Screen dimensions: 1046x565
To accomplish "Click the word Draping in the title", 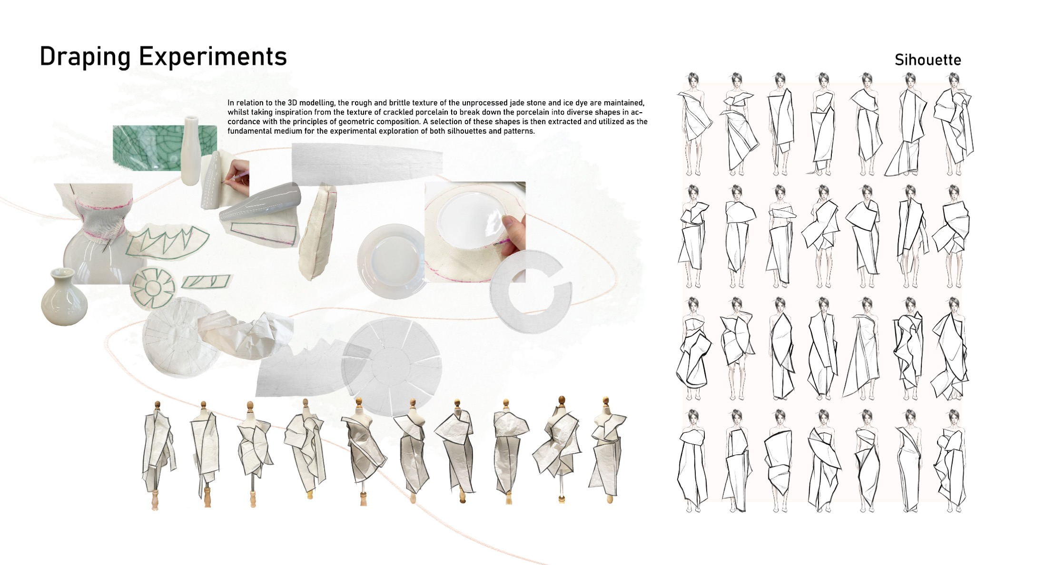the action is tap(85, 57).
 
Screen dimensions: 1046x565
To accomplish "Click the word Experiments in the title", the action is tap(213, 57).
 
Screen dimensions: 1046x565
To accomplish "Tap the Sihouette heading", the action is tap(928, 60).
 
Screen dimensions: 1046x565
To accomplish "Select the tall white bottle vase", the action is tap(192, 149).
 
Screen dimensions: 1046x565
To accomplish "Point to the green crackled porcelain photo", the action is tap(164, 147).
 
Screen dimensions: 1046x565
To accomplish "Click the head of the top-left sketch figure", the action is tap(693, 79).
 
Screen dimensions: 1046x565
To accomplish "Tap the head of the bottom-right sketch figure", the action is tap(954, 417).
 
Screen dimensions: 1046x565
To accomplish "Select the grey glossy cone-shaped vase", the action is tap(259, 205).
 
